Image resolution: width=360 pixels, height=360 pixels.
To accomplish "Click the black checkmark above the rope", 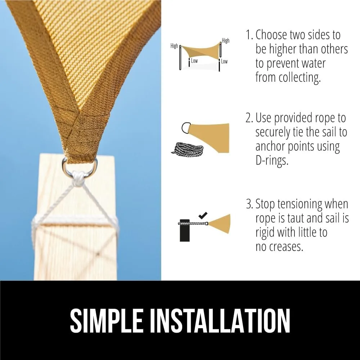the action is point(203,215).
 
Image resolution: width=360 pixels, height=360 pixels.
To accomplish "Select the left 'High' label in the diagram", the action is point(174,46).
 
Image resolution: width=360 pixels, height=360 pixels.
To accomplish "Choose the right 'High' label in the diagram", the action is point(225,40).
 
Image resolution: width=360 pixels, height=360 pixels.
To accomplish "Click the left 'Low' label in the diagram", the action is point(194,61).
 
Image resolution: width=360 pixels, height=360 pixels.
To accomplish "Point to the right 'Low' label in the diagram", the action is point(224,61).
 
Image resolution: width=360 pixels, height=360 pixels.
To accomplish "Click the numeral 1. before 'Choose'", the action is point(249,35).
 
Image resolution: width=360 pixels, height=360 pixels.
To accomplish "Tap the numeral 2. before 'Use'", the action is point(249,118).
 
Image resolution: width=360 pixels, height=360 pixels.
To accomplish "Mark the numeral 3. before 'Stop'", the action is point(249,204).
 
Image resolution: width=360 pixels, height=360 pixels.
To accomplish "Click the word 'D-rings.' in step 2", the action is point(272,161).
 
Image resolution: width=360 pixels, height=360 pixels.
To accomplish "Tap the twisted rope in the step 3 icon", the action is point(193,223).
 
